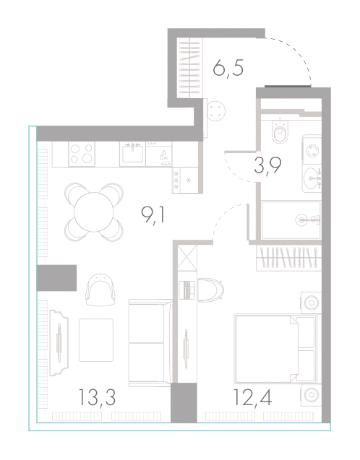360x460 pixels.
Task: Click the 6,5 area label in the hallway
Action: point(228,69)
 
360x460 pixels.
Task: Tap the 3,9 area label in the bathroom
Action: point(267,166)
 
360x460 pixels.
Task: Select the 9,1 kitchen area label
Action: point(153,215)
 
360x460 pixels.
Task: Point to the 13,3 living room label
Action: point(97,397)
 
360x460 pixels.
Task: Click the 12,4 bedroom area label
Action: point(252,397)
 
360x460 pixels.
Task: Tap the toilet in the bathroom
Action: point(280,131)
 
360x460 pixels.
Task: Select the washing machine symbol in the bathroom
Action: point(312,151)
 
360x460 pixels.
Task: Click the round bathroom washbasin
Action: point(312,178)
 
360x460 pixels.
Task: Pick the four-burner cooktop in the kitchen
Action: point(82,154)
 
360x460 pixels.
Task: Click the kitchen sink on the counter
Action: point(133,154)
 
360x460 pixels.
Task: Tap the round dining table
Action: point(94,212)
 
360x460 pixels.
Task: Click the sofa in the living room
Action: point(150,343)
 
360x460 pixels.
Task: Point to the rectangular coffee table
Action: point(96,340)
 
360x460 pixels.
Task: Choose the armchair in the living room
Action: point(100,290)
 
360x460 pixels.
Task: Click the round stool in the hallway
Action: point(216,110)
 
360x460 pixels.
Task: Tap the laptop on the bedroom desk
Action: point(187,290)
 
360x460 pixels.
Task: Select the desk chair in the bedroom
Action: point(211,290)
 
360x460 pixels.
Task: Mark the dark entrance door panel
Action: point(288,86)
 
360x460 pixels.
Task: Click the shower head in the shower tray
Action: point(302,220)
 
